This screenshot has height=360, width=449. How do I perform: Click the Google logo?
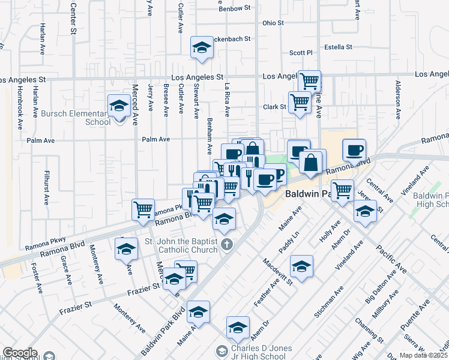pos(20,353)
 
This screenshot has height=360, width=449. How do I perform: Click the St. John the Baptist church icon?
pos(226,244)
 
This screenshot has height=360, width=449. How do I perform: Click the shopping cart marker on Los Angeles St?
pos(309,81)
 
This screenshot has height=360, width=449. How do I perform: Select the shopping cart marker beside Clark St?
pos(300,101)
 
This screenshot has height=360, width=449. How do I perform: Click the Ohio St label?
pos(273,23)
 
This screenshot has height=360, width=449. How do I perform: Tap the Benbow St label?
pos(235,8)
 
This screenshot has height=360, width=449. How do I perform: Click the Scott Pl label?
pos(301,53)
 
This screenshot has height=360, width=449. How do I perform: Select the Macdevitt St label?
pos(277,270)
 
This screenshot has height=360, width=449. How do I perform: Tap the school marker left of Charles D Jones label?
pos(198,311)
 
